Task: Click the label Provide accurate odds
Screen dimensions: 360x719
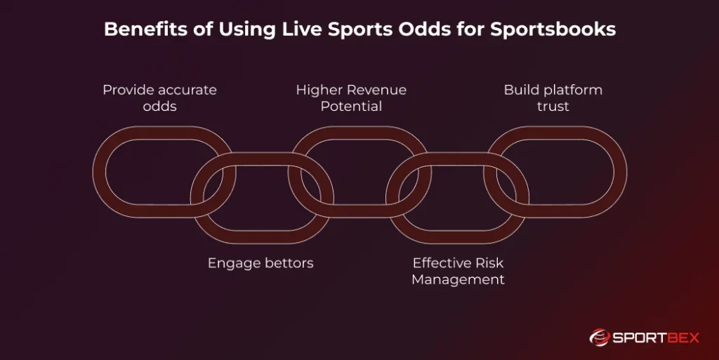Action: click(x=159, y=98)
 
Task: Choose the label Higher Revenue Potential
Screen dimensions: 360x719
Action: click(x=351, y=98)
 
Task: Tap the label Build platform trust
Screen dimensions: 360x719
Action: click(x=553, y=98)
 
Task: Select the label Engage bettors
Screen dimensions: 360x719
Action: click(x=260, y=263)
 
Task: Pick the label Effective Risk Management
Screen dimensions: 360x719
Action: click(x=458, y=271)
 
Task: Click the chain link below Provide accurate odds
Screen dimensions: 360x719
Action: click(x=112, y=172)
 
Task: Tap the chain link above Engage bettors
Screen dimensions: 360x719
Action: click(x=261, y=229)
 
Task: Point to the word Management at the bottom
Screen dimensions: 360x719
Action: click(x=458, y=279)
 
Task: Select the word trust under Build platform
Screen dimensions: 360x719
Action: click(x=553, y=106)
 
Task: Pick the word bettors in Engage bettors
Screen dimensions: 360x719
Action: click(x=286, y=263)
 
